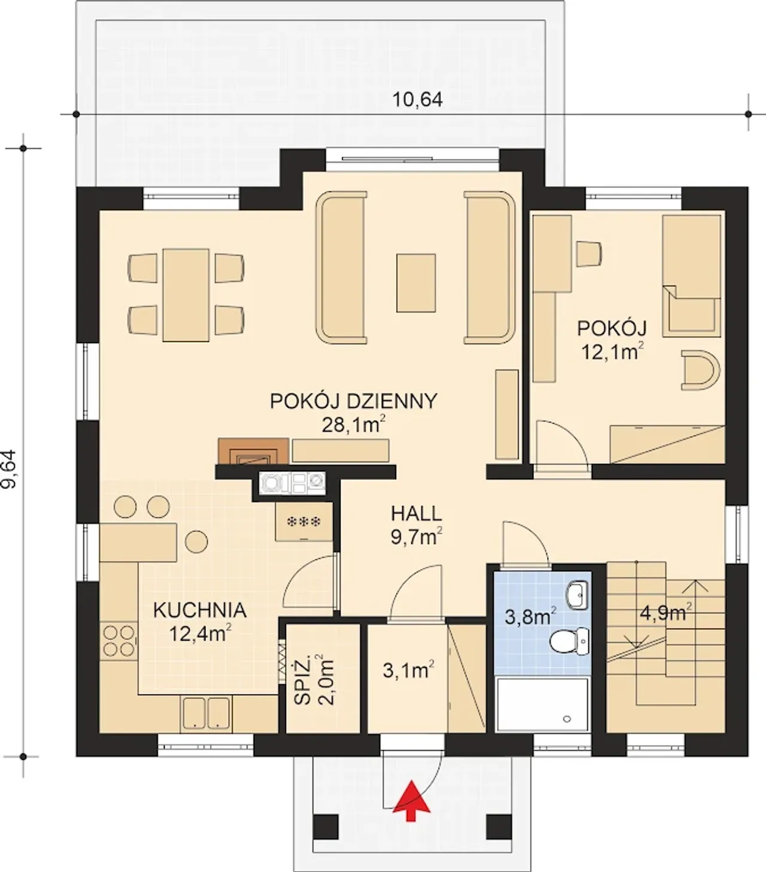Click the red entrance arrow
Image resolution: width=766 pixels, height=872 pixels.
(x=412, y=801)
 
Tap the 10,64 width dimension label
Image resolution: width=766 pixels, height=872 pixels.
(x=417, y=100)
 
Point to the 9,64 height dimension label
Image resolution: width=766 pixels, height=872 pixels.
(x=8, y=469)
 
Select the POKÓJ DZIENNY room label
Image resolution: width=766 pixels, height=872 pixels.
(x=354, y=401)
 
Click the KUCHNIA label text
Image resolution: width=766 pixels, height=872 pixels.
(x=199, y=610)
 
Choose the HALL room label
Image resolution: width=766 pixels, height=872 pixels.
(x=417, y=513)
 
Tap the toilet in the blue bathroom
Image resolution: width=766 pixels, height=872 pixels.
(x=569, y=642)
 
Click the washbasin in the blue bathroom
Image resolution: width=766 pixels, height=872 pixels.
(x=577, y=595)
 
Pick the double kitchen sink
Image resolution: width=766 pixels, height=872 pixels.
(x=206, y=714)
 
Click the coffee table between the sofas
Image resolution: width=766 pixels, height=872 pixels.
(x=416, y=283)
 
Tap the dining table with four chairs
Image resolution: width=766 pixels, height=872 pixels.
(x=186, y=295)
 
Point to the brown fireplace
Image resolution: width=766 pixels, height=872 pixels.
(x=253, y=452)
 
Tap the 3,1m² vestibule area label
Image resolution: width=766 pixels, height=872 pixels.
(x=408, y=671)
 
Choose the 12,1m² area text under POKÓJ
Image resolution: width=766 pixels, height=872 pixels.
(x=612, y=352)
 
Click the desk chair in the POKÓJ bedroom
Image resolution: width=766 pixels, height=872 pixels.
(x=589, y=254)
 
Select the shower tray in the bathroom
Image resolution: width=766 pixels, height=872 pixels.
(x=542, y=704)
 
